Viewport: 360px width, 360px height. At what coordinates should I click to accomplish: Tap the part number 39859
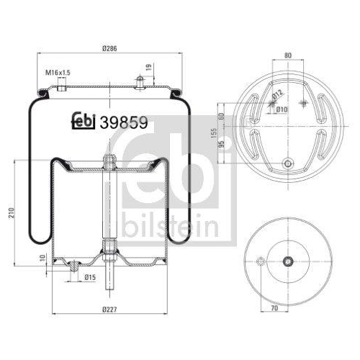click(125, 123)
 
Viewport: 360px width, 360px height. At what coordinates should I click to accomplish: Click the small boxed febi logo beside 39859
click(85, 122)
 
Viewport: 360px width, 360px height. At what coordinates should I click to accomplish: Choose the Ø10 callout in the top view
click(282, 109)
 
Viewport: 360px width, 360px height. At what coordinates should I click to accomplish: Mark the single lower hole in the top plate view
click(287, 163)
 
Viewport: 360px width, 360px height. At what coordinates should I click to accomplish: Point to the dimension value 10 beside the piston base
click(42, 257)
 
